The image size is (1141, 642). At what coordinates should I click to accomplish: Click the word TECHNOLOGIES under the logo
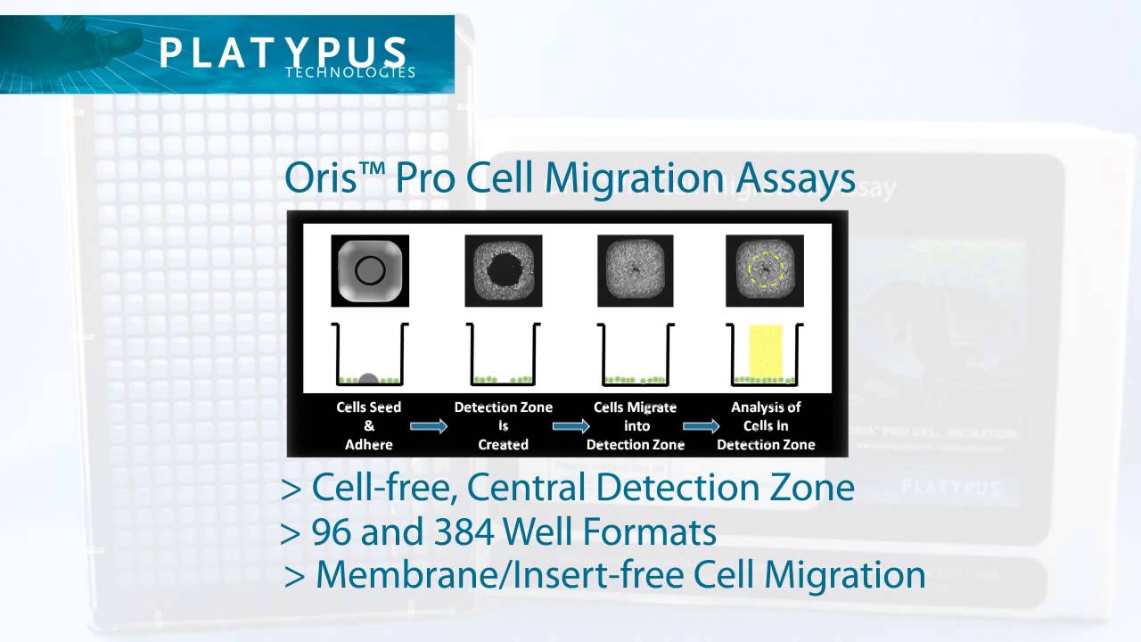pos(350,72)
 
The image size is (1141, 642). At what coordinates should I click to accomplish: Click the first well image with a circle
pos(370,270)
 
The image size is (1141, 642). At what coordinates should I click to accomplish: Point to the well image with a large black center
pos(503,270)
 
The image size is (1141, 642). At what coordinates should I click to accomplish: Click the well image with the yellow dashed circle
pos(765,270)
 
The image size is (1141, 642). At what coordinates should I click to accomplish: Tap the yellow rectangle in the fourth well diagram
pos(766,351)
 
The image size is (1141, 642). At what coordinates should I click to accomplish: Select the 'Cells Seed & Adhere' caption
pos(369,425)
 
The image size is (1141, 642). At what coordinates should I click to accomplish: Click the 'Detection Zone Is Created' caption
pos(503,425)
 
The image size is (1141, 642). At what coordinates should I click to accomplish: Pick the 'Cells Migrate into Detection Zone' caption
pos(636,425)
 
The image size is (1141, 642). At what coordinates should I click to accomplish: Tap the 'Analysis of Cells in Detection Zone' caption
pos(766,425)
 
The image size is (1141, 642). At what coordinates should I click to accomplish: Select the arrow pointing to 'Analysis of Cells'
pos(702,426)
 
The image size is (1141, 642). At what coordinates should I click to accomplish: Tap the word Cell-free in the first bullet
pos(384,488)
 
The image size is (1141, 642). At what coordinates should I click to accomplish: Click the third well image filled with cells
pos(636,270)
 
